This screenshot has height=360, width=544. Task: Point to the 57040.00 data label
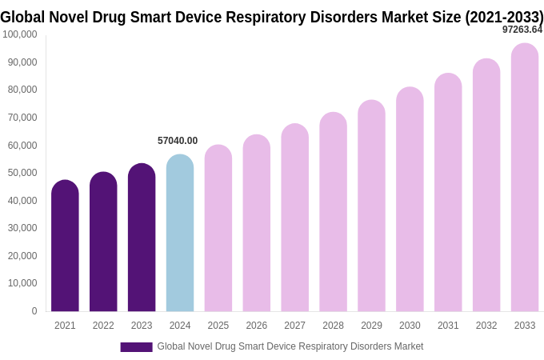click(178, 141)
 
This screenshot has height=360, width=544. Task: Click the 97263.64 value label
click(522, 30)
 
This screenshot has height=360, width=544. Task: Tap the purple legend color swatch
click(136, 347)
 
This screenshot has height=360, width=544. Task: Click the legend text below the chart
click(290, 346)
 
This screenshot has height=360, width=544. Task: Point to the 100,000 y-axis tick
click(20, 34)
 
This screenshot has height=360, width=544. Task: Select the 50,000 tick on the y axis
click(22, 173)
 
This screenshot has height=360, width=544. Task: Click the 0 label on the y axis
click(34, 311)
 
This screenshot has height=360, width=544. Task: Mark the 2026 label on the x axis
click(257, 326)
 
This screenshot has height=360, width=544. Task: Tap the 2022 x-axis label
click(103, 326)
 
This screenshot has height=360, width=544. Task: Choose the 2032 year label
click(486, 326)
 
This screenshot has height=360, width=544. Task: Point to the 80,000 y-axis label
click(22, 90)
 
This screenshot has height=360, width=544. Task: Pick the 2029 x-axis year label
click(371, 326)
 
